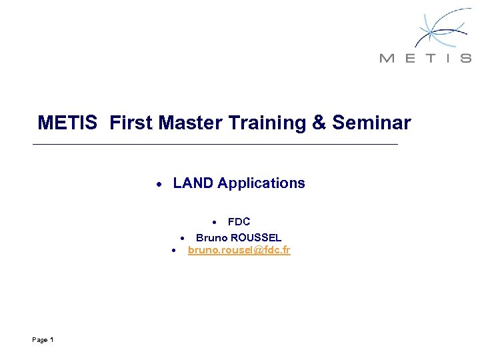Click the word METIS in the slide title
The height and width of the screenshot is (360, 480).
67,123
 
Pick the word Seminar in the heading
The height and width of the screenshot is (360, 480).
371,123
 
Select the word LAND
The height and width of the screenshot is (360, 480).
193,183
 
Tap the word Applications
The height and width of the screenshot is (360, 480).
261,184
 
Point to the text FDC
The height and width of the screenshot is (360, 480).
239,222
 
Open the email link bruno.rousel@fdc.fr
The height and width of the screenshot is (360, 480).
239,251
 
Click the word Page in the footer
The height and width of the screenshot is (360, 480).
39,340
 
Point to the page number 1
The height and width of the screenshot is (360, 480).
51,340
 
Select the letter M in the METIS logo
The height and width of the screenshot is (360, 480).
386,58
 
